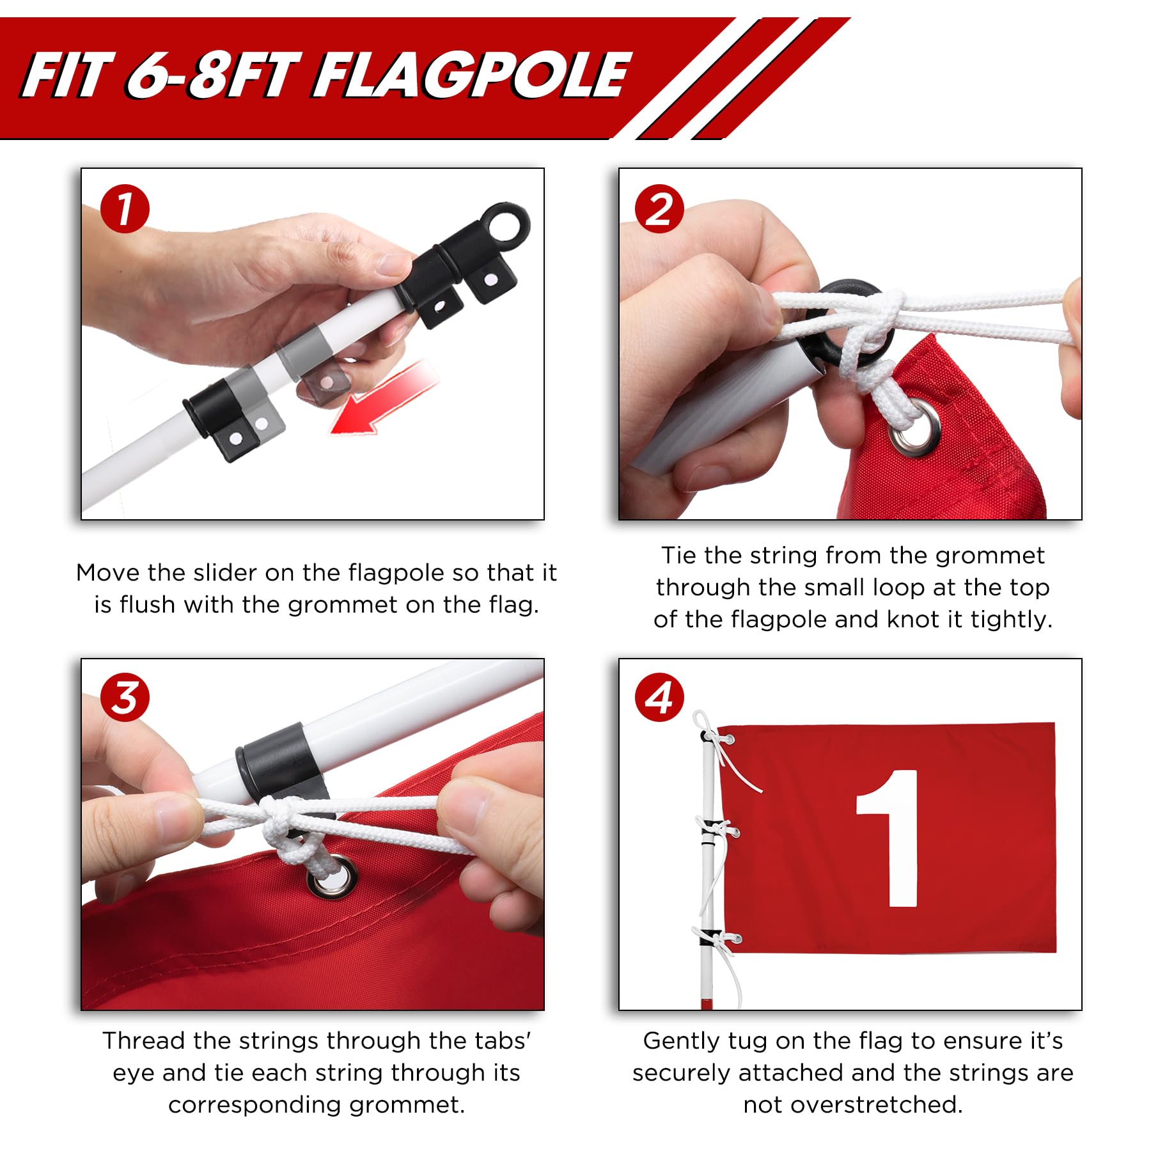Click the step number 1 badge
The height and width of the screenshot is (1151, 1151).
(125, 209)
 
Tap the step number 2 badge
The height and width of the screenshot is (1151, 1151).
(659, 209)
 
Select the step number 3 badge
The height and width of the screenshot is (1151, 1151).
(125, 698)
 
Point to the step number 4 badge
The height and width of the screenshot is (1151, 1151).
(659, 698)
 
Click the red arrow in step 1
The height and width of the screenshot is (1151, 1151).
(384, 400)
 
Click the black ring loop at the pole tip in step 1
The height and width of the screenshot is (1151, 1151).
(506, 225)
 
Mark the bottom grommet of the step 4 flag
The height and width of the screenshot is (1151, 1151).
(735, 939)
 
